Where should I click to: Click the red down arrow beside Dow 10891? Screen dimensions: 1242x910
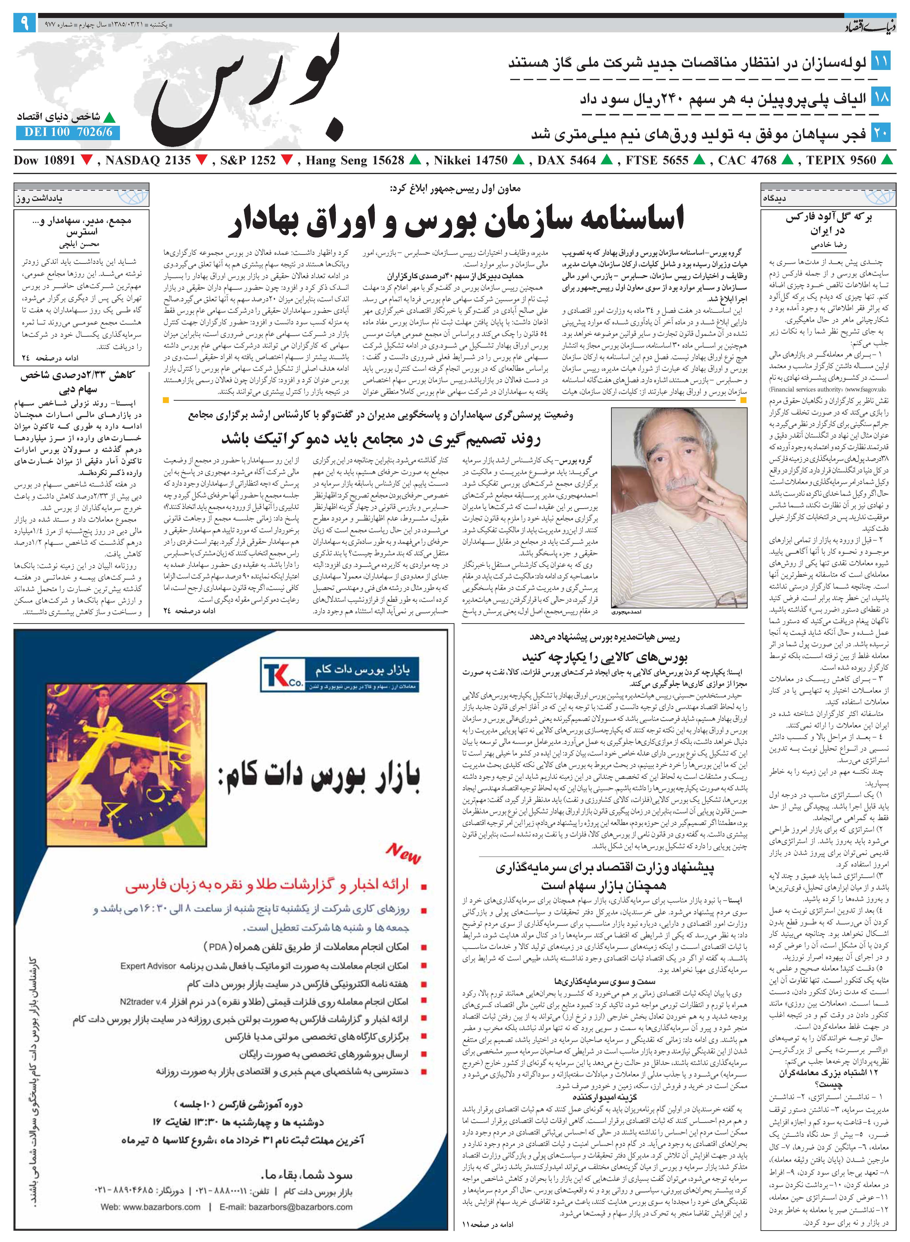click(x=87, y=161)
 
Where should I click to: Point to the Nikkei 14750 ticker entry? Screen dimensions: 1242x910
click(x=470, y=161)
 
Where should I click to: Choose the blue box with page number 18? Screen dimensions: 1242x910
click(x=881, y=98)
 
